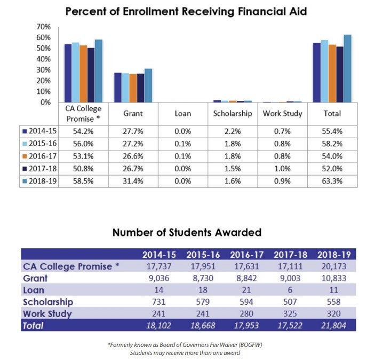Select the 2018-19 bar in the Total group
347,68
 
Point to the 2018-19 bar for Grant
148,85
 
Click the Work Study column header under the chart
283,114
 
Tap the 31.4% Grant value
133,181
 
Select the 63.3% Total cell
333,181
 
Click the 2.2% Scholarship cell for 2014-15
233,131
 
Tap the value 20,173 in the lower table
332,266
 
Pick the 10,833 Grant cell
332,278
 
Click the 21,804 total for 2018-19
332,326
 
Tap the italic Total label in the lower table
33,326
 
